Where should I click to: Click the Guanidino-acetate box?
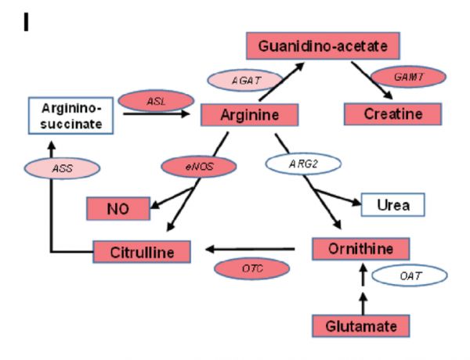pyautogui.click(x=323, y=46)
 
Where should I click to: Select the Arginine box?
pyautogui.click(x=249, y=115)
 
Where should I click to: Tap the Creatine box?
pyautogui.click(x=392, y=114)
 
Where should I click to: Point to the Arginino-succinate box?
pyautogui.click(x=70, y=116)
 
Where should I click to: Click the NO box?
pyautogui.click(x=118, y=208)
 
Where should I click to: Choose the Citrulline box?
pyautogui.click(x=142, y=252)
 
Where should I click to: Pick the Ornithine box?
pyautogui.click(x=360, y=249)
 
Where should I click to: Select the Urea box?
pyautogui.click(x=393, y=205)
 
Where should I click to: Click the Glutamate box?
pyautogui.click(x=361, y=326)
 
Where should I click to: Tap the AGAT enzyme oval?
pyautogui.click(x=245, y=81)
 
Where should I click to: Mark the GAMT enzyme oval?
pyautogui.click(x=409, y=77)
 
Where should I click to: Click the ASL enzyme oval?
pyautogui.click(x=156, y=101)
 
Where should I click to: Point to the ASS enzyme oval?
pyautogui.click(x=62, y=168)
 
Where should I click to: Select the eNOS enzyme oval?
pyautogui.click(x=199, y=167)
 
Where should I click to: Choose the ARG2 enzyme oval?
pyautogui.click(x=303, y=164)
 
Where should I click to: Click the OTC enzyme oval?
pyautogui.click(x=251, y=268)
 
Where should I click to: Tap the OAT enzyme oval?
pyautogui.click(x=410, y=275)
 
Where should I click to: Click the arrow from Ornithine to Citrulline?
pyautogui.click(x=250, y=249)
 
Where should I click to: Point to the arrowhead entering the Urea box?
pyautogui.click(x=356, y=203)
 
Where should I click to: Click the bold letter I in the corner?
pyautogui.click(x=26, y=23)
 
